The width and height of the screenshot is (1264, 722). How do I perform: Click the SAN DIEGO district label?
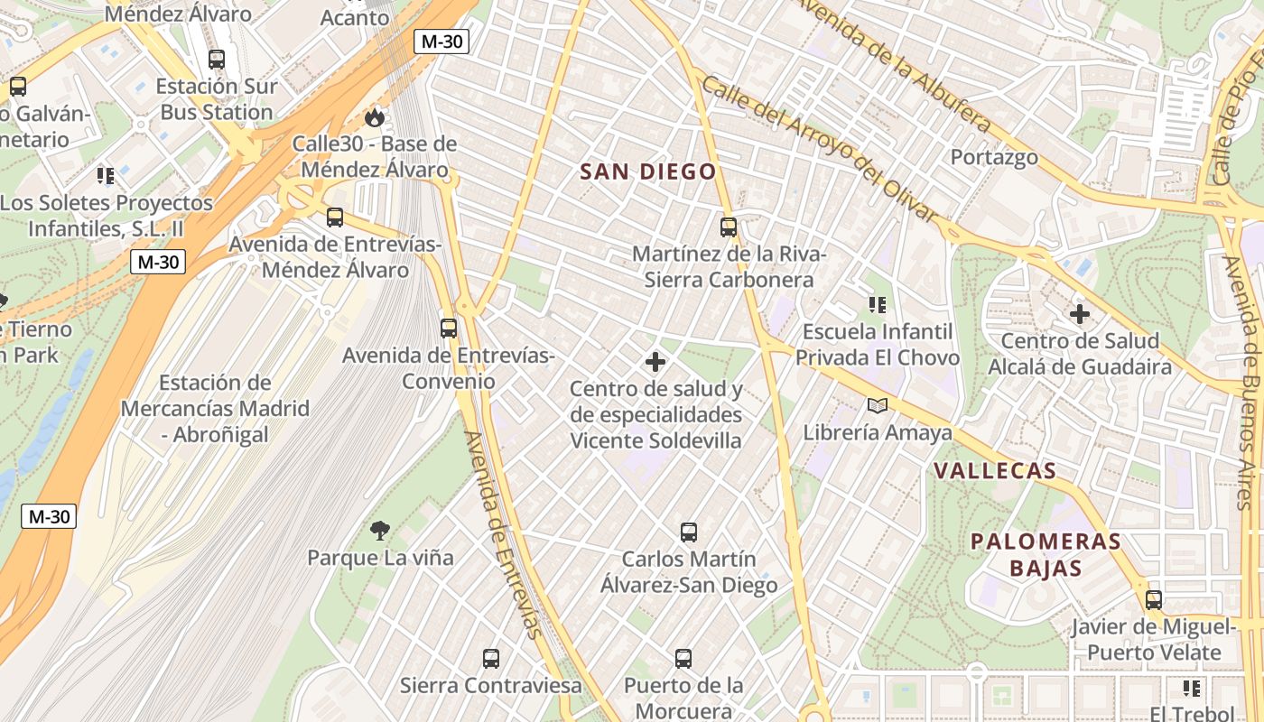[647, 171]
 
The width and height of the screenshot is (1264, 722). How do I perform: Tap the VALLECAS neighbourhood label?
[995, 471]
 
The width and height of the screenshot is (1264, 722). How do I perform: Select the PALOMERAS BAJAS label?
[1046, 555]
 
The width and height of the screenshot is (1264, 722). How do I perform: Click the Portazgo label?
[994, 157]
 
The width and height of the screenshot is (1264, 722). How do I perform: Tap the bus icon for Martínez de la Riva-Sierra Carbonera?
[729, 227]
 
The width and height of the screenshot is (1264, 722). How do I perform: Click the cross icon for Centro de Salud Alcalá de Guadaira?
[1080, 314]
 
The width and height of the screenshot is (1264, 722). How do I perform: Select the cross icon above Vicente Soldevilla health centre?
[655, 363]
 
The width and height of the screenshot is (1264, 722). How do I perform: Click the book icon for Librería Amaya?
[878, 405]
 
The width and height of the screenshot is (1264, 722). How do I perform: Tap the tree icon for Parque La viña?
[380, 530]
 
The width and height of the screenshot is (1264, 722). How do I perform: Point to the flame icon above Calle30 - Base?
[374, 117]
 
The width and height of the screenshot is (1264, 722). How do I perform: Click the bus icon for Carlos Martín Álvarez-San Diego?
[689, 532]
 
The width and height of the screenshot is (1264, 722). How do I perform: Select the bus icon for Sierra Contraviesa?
[491, 659]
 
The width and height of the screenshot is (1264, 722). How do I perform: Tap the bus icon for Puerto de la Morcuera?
[683, 659]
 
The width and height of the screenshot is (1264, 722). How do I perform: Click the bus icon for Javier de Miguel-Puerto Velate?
[1154, 599]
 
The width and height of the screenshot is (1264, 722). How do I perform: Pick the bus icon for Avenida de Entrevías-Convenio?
[449, 329]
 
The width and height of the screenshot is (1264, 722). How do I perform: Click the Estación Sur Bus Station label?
[217, 99]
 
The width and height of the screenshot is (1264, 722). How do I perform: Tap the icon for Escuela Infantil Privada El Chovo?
[878, 305]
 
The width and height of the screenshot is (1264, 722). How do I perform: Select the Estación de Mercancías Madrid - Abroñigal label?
[215, 408]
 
